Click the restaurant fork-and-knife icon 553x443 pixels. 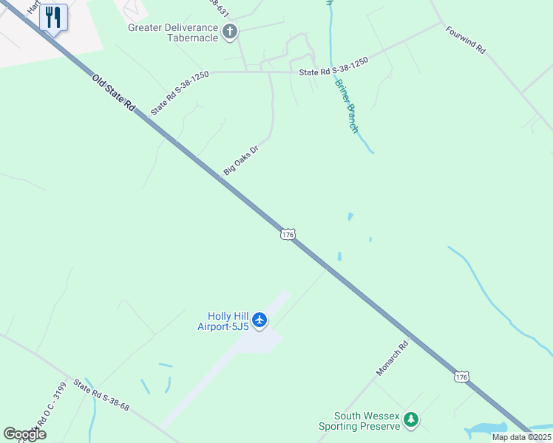(x=52, y=17)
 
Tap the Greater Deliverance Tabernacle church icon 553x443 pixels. (x=230, y=31)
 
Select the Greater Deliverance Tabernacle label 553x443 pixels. (x=174, y=33)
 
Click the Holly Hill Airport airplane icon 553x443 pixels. (x=259, y=320)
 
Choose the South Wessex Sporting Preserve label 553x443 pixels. (x=360, y=421)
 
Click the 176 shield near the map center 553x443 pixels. (x=288, y=234)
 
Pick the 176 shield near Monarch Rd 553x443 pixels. (x=461, y=377)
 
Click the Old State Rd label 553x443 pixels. (x=114, y=93)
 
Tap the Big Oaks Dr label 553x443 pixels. (x=241, y=161)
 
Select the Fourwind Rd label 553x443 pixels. (x=465, y=40)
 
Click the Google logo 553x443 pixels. (x=24, y=434)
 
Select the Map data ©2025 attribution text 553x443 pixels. (x=522, y=437)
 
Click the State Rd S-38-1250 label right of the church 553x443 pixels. (x=333, y=71)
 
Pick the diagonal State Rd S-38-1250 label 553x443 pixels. (x=180, y=92)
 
